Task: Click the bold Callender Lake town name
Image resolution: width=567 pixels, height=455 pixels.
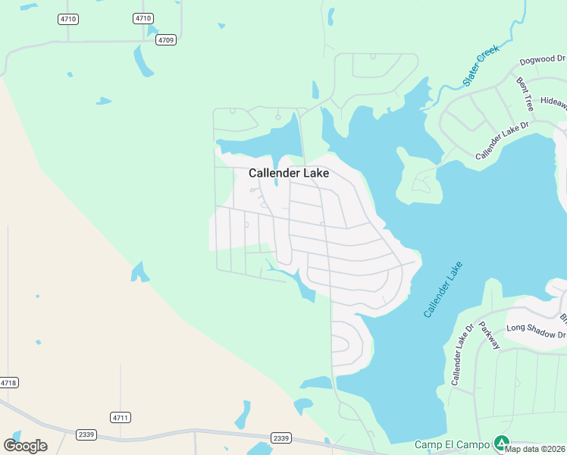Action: pos(289,173)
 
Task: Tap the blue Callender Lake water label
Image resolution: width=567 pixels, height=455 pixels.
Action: pos(443,290)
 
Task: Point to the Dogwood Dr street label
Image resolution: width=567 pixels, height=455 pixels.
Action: pos(543,61)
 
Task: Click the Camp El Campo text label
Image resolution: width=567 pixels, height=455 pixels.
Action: pos(452,444)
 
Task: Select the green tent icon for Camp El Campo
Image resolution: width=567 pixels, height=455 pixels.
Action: pos(500,442)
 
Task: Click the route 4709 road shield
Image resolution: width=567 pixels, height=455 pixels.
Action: pos(167,40)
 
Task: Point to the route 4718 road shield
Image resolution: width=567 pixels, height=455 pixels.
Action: pos(8,383)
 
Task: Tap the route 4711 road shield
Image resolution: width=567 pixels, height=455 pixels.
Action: pos(121,417)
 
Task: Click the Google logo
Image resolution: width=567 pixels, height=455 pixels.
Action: pos(25,445)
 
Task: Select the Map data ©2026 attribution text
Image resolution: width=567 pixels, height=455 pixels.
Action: pos(535,449)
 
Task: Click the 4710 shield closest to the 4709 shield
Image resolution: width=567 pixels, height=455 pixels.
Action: pos(143,18)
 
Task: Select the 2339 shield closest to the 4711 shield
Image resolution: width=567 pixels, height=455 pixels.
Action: pos(86,434)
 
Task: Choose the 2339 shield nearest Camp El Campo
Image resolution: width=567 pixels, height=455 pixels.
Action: pos(281,438)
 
